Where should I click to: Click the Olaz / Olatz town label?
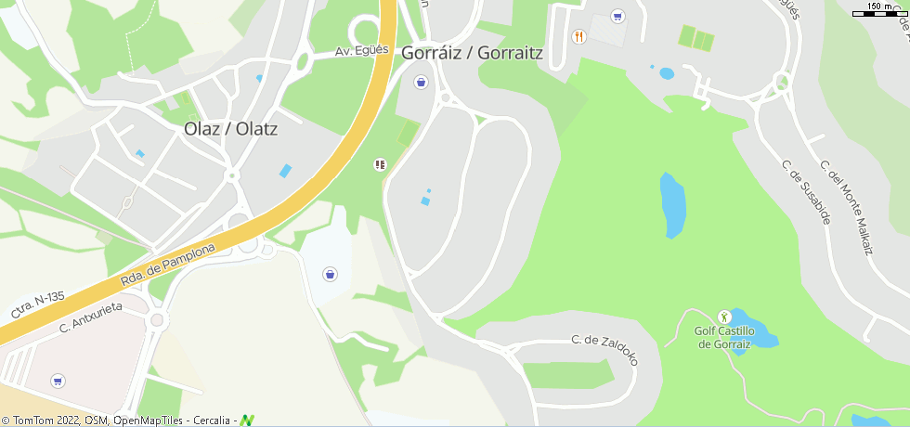point(230,129)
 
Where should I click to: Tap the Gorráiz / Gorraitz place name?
point(472,53)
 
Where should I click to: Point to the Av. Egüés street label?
point(361,53)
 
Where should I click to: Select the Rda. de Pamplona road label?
point(167,266)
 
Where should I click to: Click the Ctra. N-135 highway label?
point(37,304)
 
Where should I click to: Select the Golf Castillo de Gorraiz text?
point(725,337)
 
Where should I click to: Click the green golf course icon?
point(724,317)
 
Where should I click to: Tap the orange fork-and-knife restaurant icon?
point(579,36)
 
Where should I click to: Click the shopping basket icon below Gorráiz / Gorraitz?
point(422,82)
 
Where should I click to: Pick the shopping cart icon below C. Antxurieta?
point(58,381)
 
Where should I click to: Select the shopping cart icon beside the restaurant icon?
point(617,16)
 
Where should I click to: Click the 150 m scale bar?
point(879,12)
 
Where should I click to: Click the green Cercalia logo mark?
point(247,421)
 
